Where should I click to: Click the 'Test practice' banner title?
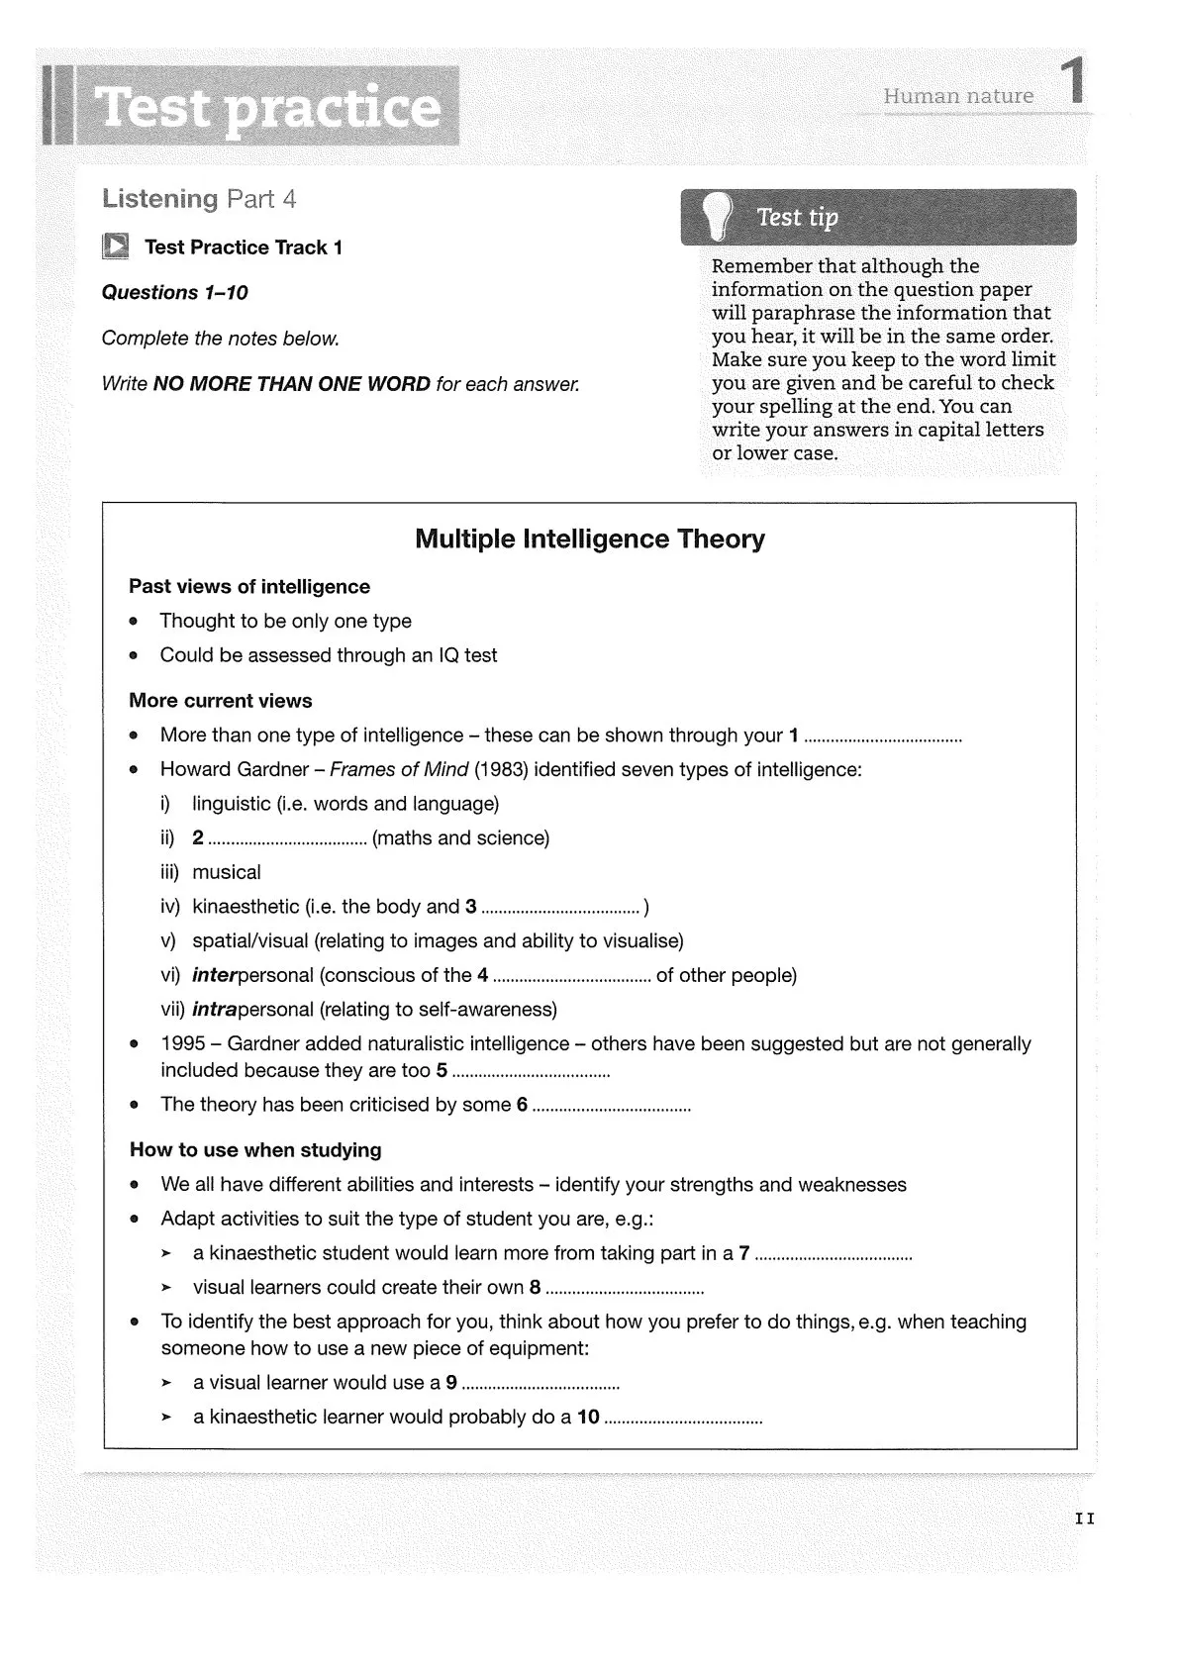coord(267,107)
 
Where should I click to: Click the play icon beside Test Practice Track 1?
coord(116,246)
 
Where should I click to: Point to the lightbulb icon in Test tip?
coord(715,215)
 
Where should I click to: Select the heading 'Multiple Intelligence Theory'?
coord(589,539)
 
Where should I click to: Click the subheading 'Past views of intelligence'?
coord(248,587)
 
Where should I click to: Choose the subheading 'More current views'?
coord(220,701)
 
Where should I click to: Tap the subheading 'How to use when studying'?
coord(255,1150)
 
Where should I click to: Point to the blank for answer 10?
coord(683,1421)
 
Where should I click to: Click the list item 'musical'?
coord(226,873)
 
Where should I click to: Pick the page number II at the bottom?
coord(1084,1519)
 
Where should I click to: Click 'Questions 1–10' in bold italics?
coord(174,293)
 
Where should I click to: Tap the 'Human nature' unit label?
coord(957,96)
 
